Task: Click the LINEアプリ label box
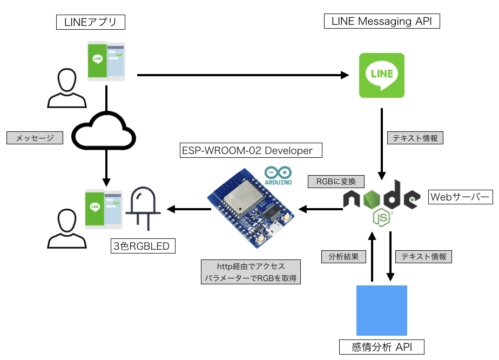coord(91,22)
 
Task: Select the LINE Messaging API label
coord(382,21)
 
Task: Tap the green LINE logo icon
coord(382,75)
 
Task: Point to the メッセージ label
coord(35,138)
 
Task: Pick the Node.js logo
coord(381,201)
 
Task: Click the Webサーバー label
coord(460,197)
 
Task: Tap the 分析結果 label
coord(340,256)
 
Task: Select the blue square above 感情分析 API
coord(382,310)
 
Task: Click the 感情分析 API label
coord(382,346)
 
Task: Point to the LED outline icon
coord(142,209)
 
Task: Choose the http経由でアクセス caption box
coord(251,272)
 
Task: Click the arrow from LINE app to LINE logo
coord(243,76)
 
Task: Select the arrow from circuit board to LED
coord(189,209)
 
